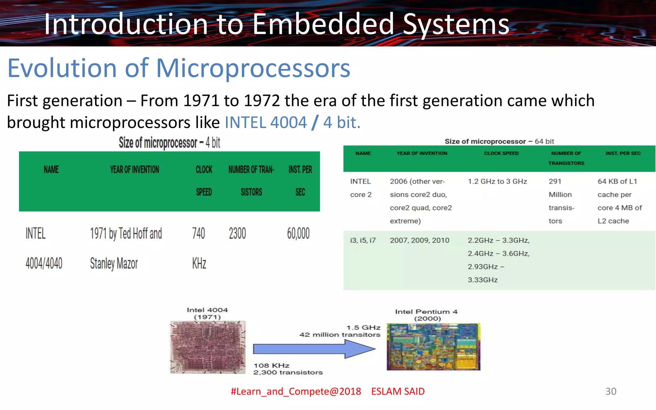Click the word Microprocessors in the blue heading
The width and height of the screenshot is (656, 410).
(x=253, y=68)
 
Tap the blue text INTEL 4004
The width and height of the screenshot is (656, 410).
(x=266, y=123)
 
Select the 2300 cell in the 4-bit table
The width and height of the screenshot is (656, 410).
(x=237, y=234)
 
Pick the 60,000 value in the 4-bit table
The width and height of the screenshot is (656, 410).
(x=298, y=234)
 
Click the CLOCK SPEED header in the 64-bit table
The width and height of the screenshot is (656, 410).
(x=501, y=153)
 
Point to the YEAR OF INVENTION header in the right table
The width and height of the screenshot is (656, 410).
(x=422, y=153)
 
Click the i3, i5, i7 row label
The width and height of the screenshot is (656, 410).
(x=363, y=241)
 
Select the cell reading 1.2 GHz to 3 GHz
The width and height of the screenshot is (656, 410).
(x=497, y=182)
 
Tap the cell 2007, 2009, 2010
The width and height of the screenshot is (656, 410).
(x=419, y=241)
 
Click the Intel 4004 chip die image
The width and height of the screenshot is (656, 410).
(x=208, y=347)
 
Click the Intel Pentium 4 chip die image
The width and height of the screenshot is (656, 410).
(x=433, y=347)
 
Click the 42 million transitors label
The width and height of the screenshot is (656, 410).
(x=340, y=335)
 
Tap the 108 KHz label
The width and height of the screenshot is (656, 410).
(x=272, y=365)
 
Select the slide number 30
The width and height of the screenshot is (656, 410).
(x=611, y=391)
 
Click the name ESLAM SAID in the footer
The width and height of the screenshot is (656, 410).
(x=398, y=391)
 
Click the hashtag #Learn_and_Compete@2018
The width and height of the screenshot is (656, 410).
(x=296, y=391)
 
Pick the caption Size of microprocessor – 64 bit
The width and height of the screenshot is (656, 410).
(x=499, y=142)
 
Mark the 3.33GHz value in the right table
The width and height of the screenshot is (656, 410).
(x=482, y=280)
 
